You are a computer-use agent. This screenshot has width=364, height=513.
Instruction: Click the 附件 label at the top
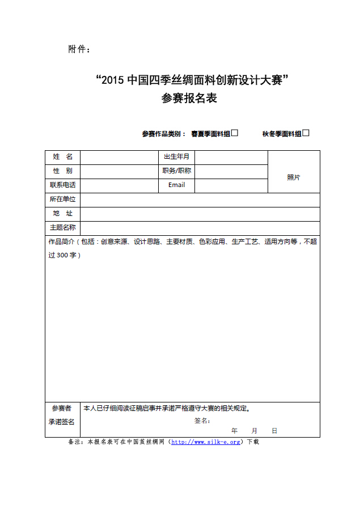(79, 49)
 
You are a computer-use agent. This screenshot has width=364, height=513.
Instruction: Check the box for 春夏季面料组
(235, 133)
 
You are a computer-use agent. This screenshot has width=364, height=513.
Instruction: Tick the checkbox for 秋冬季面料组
(306, 133)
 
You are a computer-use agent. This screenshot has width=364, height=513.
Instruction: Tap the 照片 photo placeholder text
(293, 177)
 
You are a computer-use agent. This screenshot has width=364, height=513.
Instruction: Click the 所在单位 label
(62, 200)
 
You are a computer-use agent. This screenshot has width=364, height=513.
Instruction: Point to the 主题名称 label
(62, 228)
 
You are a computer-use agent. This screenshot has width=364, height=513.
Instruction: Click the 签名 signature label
(202, 421)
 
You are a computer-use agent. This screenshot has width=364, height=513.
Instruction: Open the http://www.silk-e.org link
(206, 442)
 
